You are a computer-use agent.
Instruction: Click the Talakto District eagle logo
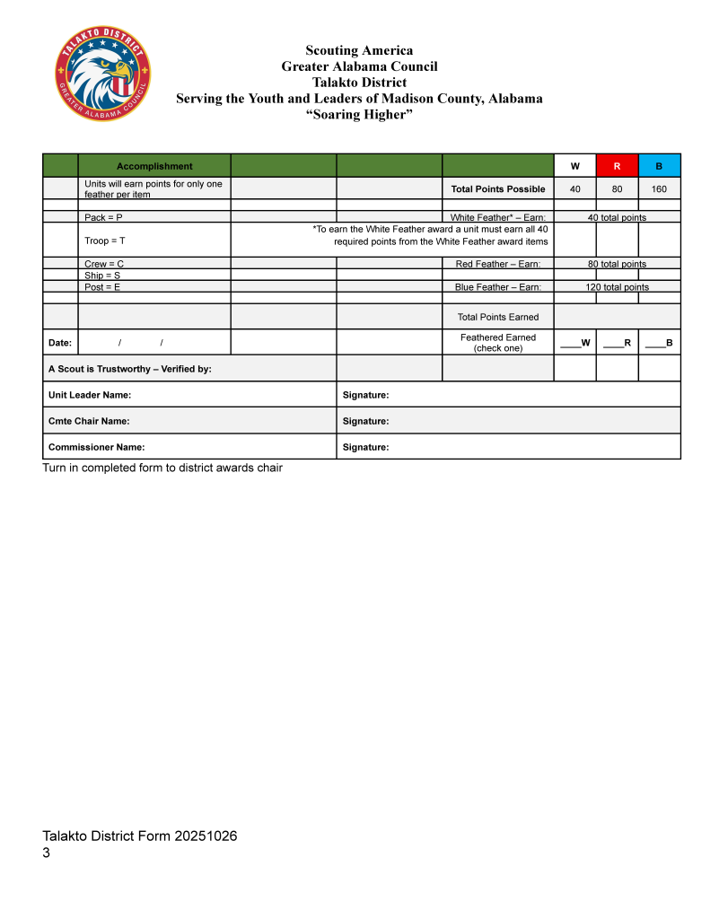pyautogui.click(x=103, y=74)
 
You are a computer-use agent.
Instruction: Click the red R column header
pyautogui.click(x=617, y=166)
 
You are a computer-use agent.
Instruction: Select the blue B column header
pyautogui.click(x=659, y=166)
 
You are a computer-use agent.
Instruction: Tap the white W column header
pyautogui.click(x=574, y=166)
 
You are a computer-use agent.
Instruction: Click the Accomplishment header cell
pyautogui.click(x=154, y=166)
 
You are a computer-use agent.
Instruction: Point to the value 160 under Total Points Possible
pyautogui.click(x=659, y=188)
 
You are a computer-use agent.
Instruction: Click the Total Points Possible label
pyautogui.click(x=498, y=188)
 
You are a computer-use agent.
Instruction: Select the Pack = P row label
pyautogui.click(x=103, y=217)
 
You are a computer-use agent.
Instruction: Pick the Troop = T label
pyautogui.click(x=105, y=241)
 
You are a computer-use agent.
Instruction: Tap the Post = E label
pyautogui.click(x=102, y=287)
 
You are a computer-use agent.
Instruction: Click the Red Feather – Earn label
pyautogui.click(x=498, y=264)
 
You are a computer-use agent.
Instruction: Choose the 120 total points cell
pyautogui.click(x=617, y=287)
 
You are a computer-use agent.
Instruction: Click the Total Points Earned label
pyautogui.click(x=498, y=317)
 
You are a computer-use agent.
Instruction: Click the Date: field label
pyautogui.click(x=60, y=343)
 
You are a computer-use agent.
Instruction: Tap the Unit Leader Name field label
pyautogui.click(x=90, y=395)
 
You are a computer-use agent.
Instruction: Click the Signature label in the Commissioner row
pyautogui.click(x=365, y=447)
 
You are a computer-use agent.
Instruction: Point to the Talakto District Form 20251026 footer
pyautogui.click(x=140, y=836)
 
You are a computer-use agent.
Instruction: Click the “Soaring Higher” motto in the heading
pyautogui.click(x=359, y=114)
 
